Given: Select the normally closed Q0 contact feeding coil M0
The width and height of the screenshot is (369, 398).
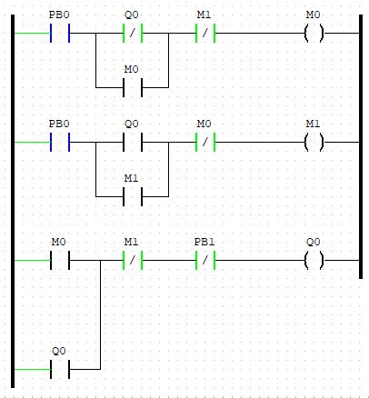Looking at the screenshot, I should (x=132, y=37).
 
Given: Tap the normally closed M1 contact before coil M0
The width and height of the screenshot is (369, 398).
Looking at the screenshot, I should (x=204, y=37).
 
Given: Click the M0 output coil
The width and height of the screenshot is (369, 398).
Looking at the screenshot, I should (x=314, y=37).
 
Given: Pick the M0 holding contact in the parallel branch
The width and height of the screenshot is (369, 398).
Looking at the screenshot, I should (x=132, y=88).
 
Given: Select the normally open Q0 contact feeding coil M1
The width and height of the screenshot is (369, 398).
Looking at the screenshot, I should (x=132, y=143).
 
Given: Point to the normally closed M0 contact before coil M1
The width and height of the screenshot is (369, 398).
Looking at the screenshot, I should (x=204, y=143).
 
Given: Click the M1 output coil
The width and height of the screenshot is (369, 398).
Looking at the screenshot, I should (x=314, y=143).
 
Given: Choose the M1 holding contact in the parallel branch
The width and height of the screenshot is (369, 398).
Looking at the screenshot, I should (x=132, y=194).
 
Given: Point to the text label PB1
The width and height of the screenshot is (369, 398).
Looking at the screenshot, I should (x=204, y=243).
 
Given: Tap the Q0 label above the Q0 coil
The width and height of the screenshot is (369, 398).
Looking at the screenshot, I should (x=314, y=243).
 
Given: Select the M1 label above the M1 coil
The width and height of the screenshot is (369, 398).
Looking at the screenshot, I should (x=314, y=123).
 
